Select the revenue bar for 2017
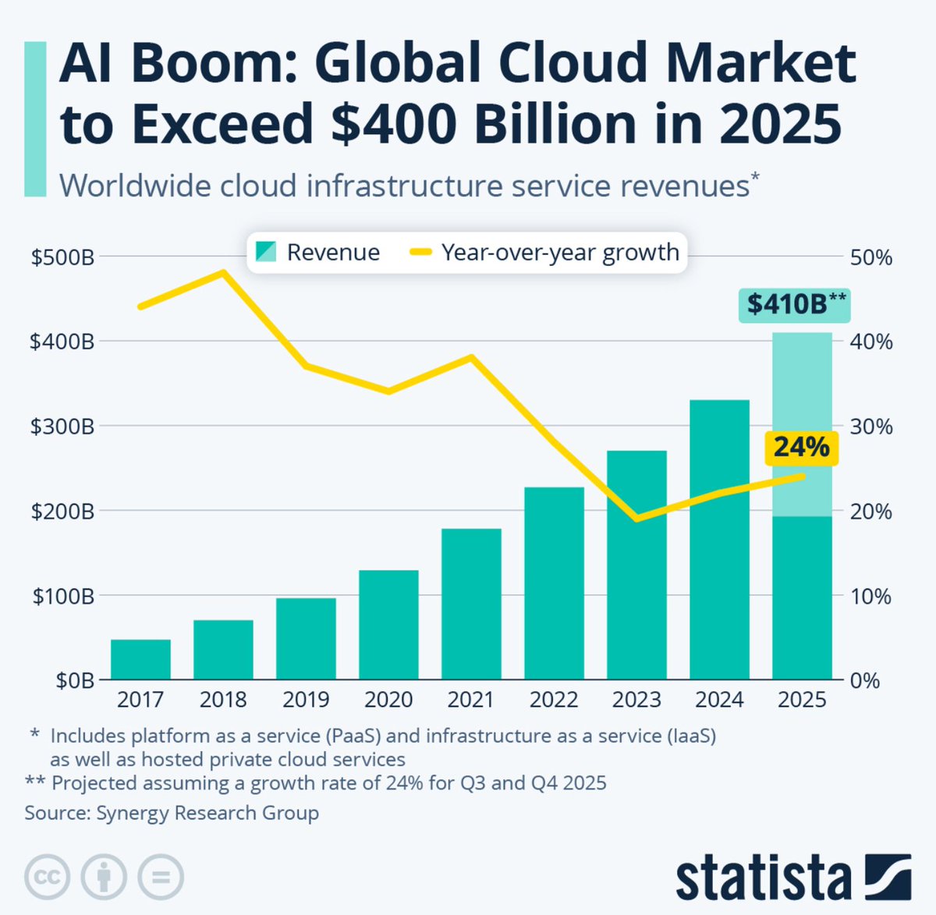(x=140, y=659)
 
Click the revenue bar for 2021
(x=471, y=604)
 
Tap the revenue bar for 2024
(x=719, y=539)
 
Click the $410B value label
(x=795, y=304)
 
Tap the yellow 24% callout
(x=801, y=448)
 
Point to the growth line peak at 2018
(x=223, y=272)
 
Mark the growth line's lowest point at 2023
(x=637, y=518)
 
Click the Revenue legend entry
(x=317, y=252)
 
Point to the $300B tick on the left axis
(x=62, y=427)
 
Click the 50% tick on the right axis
(x=870, y=257)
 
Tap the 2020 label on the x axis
(x=388, y=699)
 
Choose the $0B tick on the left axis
(x=74, y=681)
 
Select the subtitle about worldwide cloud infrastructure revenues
(x=406, y=186)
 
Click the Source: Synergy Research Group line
(x=172, y=813)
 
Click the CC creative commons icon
(x=47, y=877)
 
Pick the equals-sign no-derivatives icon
(x=161, y=877)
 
